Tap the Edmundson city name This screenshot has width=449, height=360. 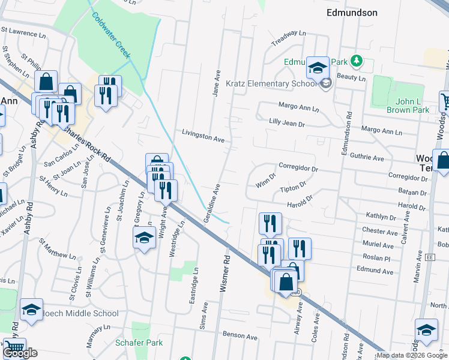[351, 12]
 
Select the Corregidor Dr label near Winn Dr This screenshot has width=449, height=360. [298, 169]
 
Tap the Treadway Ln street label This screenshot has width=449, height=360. [289, 38]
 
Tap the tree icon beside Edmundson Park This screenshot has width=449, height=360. [357, 61]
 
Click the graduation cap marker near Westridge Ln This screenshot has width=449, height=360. [144, 239]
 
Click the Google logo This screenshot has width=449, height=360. [20, 353]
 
